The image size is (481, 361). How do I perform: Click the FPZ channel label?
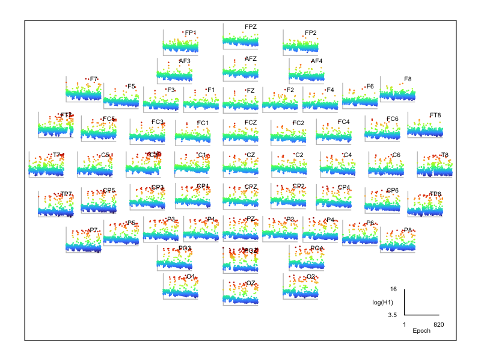point(251,26)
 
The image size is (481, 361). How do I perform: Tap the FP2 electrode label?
point(311,32)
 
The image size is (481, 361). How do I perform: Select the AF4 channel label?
point(317,61)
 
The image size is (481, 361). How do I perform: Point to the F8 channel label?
point(408,79)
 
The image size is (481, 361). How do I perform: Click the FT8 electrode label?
point(435,115)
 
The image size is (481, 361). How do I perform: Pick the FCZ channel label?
point(251,123)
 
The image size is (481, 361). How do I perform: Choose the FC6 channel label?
point(393,119)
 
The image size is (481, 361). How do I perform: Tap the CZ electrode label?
point(251,155)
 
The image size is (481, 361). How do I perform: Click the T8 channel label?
point(445,155)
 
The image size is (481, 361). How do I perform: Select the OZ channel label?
point(251,283)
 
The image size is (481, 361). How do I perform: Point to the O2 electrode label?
point(311,277)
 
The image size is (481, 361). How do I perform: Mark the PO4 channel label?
point(317,248)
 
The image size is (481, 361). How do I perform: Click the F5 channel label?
point(131,86)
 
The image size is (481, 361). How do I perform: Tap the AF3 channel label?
point(185,61)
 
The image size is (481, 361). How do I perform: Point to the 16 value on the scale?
point(393,289)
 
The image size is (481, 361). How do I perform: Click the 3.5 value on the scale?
point(391,315)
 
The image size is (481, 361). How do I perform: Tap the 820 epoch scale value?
point(439,324)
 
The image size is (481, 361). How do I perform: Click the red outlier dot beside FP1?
point(183,32)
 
